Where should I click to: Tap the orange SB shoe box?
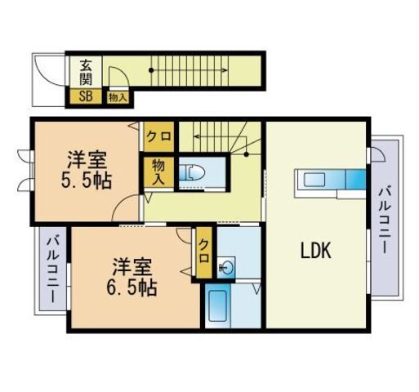click(x=85, y=96)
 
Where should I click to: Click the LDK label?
click(x=315, y=251)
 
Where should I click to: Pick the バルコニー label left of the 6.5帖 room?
click(x=51, y=270)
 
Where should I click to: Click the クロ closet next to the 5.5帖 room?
click(x=159, y=136)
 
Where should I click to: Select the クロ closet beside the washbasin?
click(x=204, y=253)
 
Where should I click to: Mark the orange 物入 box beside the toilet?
click(x=158, y=171)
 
